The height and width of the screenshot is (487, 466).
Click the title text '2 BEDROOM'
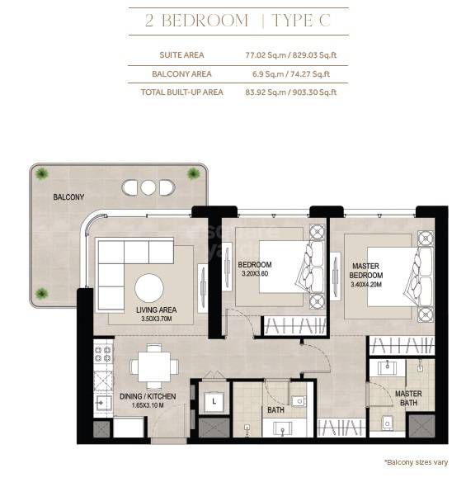pyautogui.click(x=196, y=21)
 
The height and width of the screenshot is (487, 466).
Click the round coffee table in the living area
pyautogui.click(x=149, y=288)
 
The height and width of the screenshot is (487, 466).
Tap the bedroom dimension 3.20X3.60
pyautogui.click(x=255, y=273)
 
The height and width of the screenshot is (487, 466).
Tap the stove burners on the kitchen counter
pyautogui.click(x=104, y=355)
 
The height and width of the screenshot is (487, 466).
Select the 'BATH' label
pyautogui.click(x=275, y=409)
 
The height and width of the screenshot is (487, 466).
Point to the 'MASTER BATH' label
pyautogui.click(x=408, y=399)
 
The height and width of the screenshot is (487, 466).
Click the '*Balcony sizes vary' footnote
pyautogui.click(x=416, y=462)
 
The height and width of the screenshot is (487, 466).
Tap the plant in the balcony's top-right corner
pyautogui.click(x=194, y=173)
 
